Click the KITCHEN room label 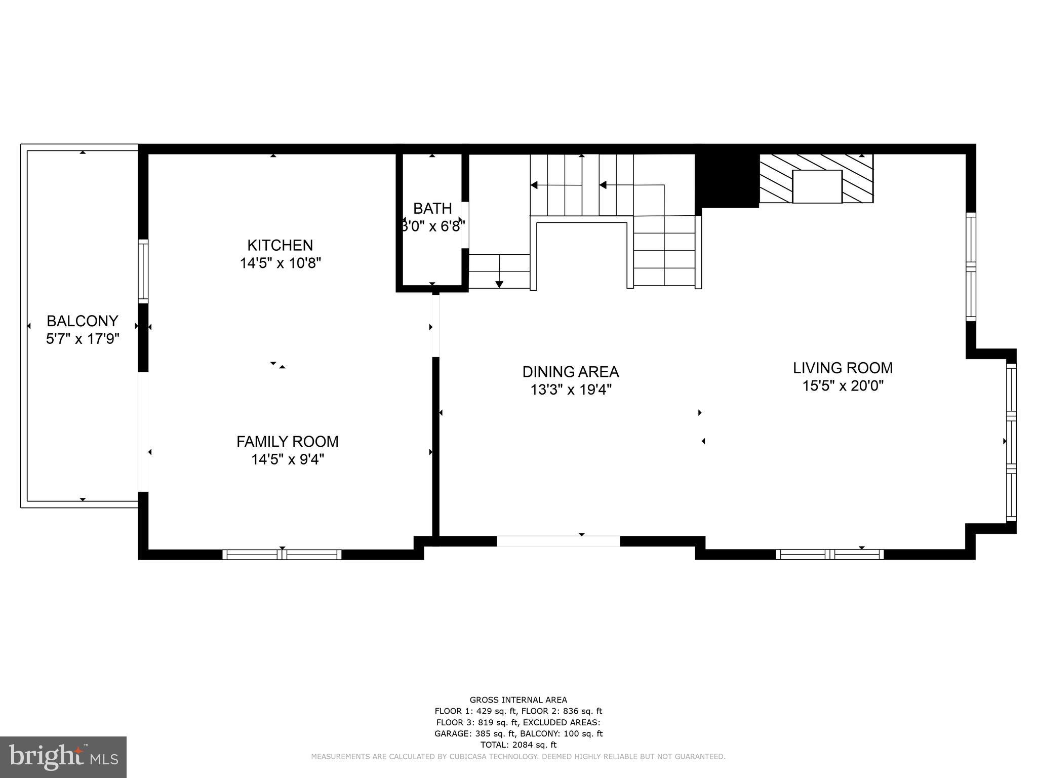[x=280, y=246]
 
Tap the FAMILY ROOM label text [x=288, y=442]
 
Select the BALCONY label [x=83, y=321]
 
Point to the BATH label [x=432, y=209]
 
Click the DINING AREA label [x=571, y=372]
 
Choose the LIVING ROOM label [x=843, y=368]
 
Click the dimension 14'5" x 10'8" [x=280, y=263]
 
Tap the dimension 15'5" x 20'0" [x=843, y=386]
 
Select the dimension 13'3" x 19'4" [x=571, y=390]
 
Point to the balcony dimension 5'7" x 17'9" [x=83, y=339]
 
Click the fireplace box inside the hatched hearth [x=817, y=186]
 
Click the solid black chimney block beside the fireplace [x=727, y=180]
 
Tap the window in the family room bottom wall [x=282, y=555]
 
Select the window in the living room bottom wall [x=830, y=555]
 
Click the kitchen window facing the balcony [x=144, y=272]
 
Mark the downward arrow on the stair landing [x=499, y=284]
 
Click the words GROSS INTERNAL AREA [x=518, y=700]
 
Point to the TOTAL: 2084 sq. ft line [x=518, y=745]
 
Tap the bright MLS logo [x=63, y=757]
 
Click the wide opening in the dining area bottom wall [x=558, y=541]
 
